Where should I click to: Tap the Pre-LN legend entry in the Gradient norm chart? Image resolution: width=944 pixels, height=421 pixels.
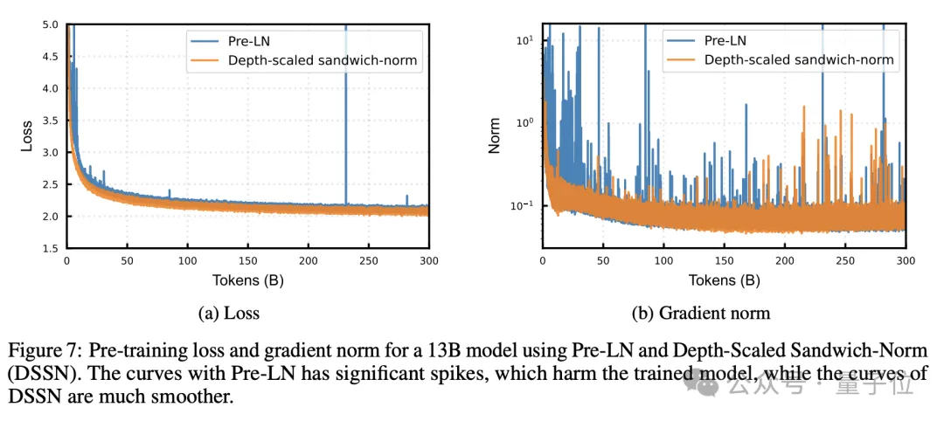[725, 39]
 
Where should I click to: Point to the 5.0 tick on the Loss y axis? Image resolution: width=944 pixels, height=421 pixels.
[50, 24]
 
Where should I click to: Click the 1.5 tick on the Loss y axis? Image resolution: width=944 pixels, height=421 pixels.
[50, 248]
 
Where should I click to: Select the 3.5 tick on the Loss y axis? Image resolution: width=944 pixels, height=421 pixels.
[50, 121]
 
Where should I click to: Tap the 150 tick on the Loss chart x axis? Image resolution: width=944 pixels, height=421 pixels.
[247, 261]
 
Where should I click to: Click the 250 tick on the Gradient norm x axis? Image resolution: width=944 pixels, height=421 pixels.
[845, 261]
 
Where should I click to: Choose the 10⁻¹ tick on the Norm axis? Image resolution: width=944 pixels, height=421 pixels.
[521, 206]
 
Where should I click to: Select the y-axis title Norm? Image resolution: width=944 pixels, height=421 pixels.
[495, 136]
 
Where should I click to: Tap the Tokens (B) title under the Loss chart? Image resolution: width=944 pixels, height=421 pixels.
[247, 280]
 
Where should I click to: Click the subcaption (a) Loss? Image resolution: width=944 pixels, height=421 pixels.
[230, 313]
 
